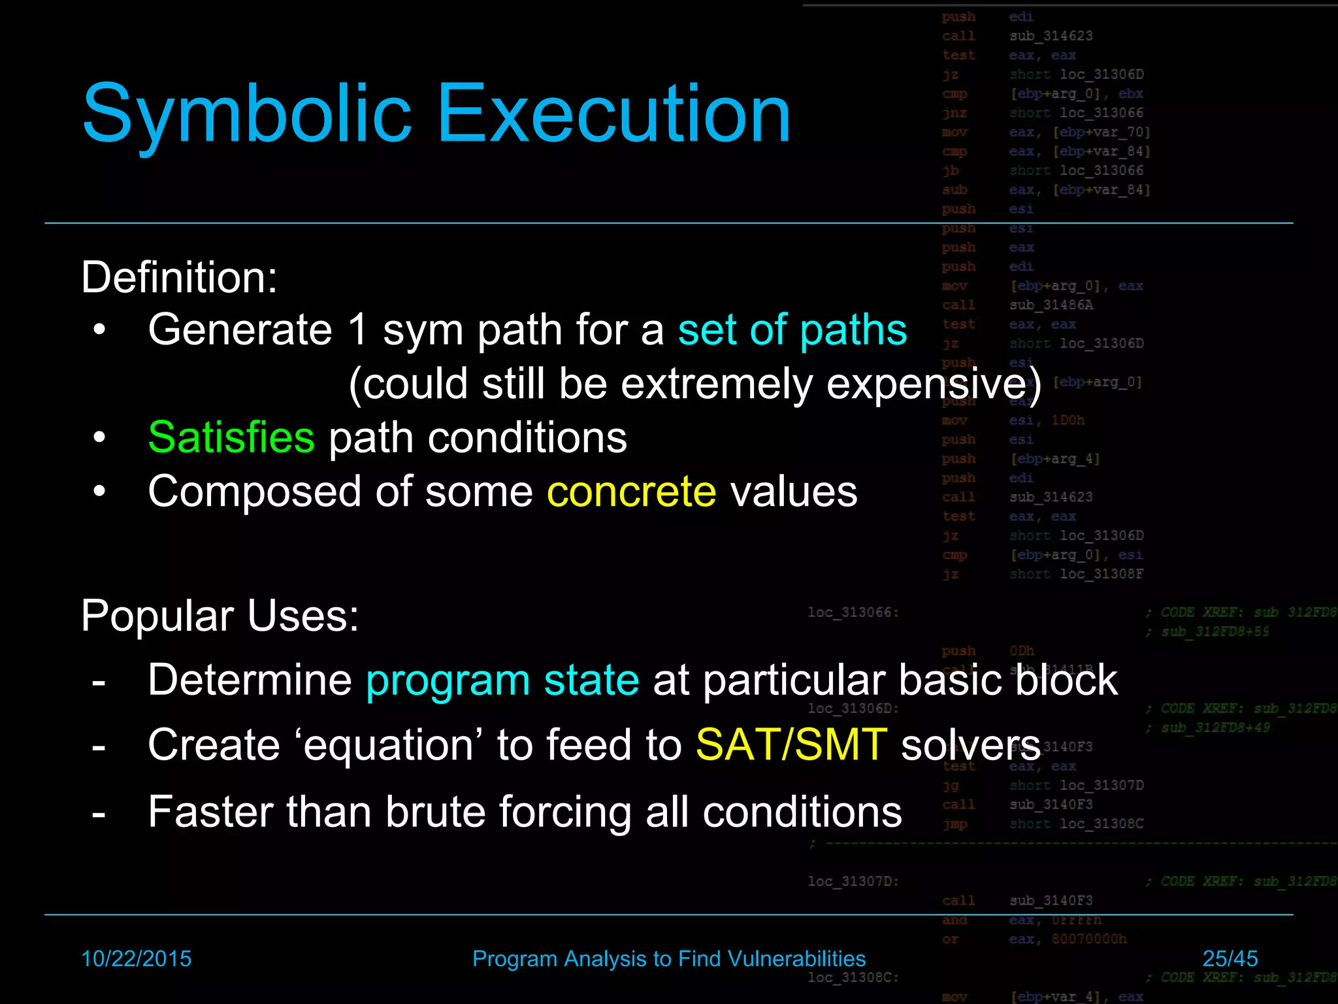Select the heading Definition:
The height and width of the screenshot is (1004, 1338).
(179, 277)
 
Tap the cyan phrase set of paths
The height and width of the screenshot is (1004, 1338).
(792, 329)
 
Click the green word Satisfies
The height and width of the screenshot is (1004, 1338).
(231, 437)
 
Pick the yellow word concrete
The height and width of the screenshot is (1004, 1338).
(631, 492)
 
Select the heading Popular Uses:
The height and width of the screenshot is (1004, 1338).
(220, 616)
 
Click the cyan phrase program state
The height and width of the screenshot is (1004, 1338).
(502, 680)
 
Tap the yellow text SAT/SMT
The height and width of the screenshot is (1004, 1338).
(791, 745)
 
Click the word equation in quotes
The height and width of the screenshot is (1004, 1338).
(389, 745)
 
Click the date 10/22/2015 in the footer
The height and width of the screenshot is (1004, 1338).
(136, 959)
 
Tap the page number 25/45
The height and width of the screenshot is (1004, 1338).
(1230, 959)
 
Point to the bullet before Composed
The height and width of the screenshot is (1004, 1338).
(99, 492)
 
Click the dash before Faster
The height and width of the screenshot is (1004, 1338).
(99, 814)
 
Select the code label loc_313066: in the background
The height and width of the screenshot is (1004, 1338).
(853, 612)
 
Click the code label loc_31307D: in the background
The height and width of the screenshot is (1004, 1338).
(853, 881)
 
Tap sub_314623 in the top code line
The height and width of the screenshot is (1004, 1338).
(1051, 36)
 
